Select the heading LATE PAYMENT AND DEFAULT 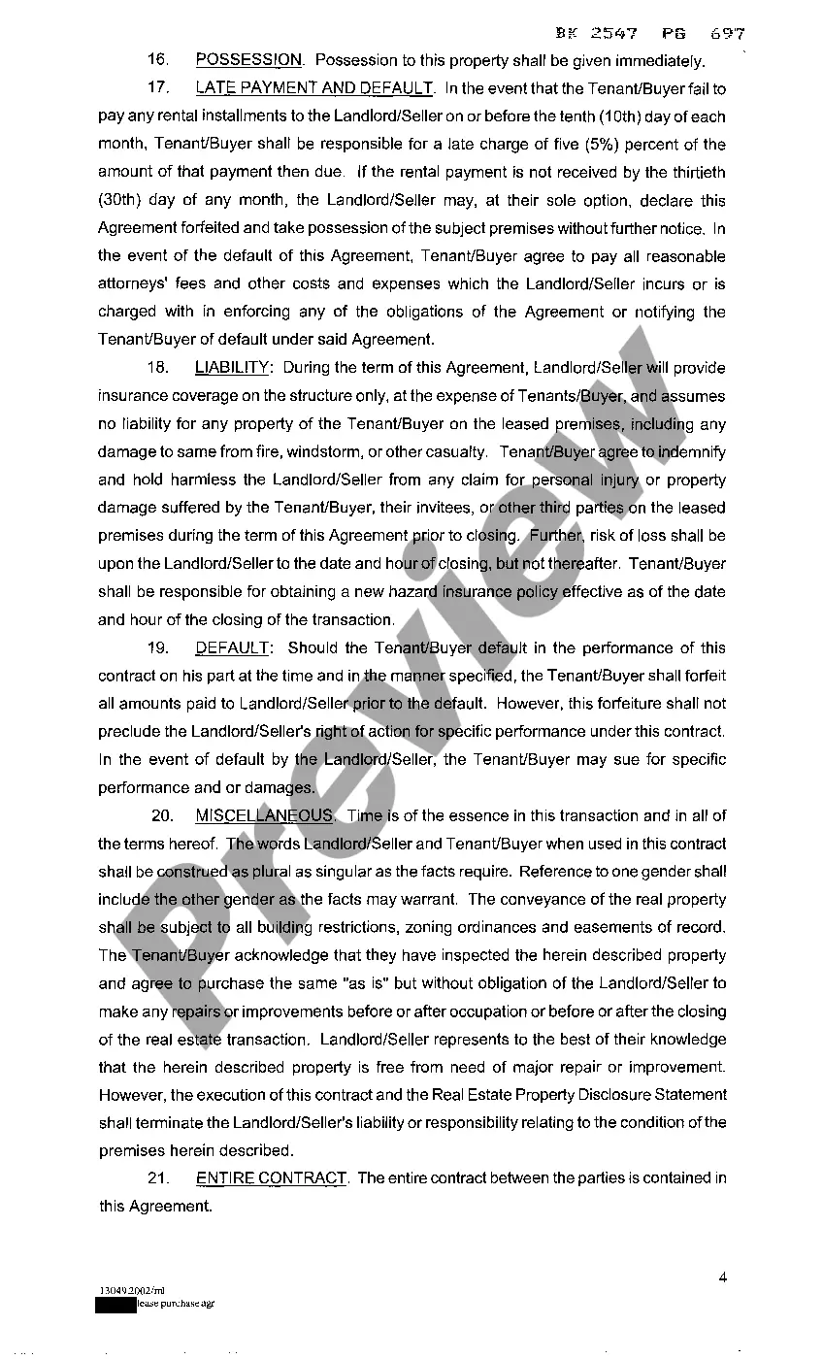[314, 88]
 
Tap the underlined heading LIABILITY [232, 368]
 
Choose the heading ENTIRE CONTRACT [271, 1178]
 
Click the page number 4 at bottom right [723, 1276]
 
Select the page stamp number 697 [728, 33]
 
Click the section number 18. [159, 368]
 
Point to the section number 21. [159, 1178]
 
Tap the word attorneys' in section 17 [133, 284]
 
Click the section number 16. [159, 60]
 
